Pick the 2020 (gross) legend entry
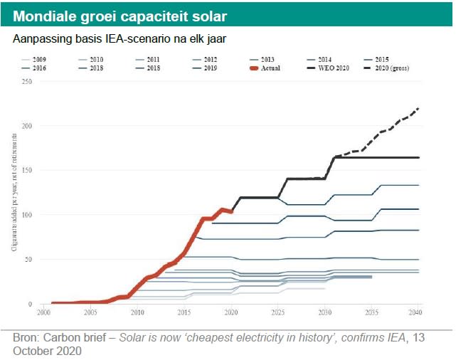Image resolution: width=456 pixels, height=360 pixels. coord(392,68)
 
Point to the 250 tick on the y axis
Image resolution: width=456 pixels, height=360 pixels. coord(28,81)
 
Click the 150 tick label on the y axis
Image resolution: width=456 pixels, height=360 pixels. coord(28,170)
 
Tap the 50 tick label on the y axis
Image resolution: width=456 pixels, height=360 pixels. coord(30,260)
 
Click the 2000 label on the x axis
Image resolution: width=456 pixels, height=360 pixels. coord(44,312)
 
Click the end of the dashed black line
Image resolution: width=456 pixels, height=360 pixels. coord(418,108)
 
